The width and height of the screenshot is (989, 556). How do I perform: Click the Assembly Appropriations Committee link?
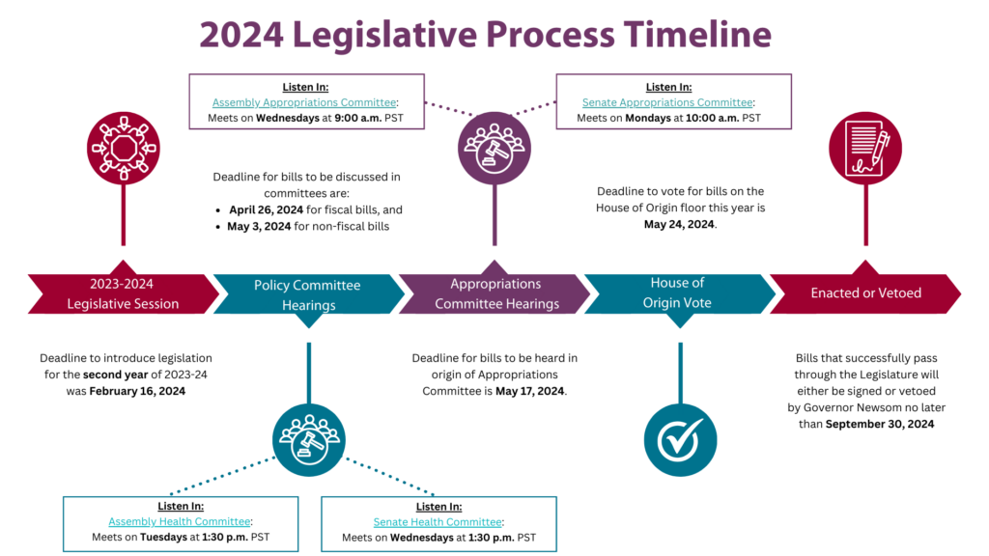coord(303,102)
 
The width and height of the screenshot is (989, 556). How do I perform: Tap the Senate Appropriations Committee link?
coord(667,102)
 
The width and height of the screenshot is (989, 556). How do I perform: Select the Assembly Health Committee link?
coord(180,522)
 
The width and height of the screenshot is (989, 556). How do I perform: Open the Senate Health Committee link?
coord(438,522)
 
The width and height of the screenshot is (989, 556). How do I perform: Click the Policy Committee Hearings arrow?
coord(307,294)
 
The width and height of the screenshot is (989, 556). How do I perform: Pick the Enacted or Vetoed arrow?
coord(865,293)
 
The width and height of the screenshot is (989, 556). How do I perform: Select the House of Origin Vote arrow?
coord(677,293)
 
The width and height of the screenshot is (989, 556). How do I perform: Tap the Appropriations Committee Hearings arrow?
coord(496,293)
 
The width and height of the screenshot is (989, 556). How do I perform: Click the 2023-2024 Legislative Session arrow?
coord(123,293)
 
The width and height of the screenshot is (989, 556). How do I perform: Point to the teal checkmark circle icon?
coord(680,440)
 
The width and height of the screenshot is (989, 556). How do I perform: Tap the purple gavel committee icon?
coord(494,148)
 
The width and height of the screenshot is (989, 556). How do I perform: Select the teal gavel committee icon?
coord(309,438)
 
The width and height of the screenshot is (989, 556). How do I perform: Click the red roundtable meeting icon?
coord(124,148)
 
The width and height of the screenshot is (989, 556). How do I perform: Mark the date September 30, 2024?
coord(879,424)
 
